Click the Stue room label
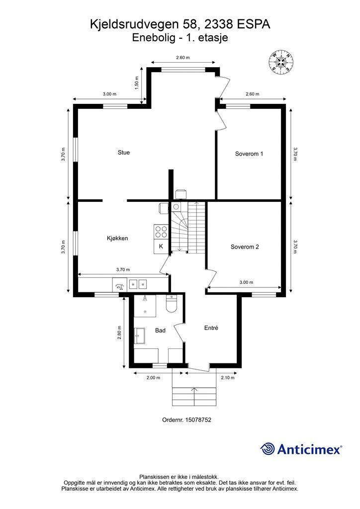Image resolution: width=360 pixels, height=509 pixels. point(124,153)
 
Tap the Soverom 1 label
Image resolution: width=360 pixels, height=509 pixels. point(249,154)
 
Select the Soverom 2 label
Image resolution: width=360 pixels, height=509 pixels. point(245,247)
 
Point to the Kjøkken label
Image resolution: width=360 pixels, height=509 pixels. point(117,238)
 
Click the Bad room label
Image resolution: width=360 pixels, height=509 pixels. point(161,331)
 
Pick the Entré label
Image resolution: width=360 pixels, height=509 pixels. point(211,328)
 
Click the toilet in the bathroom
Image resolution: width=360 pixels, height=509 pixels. point(171,304)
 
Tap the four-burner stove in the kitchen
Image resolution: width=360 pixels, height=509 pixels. point(161,232)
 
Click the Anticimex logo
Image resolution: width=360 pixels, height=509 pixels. point(301,449)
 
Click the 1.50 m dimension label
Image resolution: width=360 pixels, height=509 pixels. point(137,83)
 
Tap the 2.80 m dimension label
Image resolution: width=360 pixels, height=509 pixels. point(119,333)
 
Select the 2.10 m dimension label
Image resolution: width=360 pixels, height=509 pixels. point(228,378)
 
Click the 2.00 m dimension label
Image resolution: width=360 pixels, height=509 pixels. point(153,378)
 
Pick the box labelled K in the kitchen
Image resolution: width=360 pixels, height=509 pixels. point(161,247)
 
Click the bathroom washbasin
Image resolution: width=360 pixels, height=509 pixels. point(140,336)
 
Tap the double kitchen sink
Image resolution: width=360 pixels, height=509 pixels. point(138,284)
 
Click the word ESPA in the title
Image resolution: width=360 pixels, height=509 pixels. point(254,24)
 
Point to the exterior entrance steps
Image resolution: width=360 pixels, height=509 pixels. point(194,396)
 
